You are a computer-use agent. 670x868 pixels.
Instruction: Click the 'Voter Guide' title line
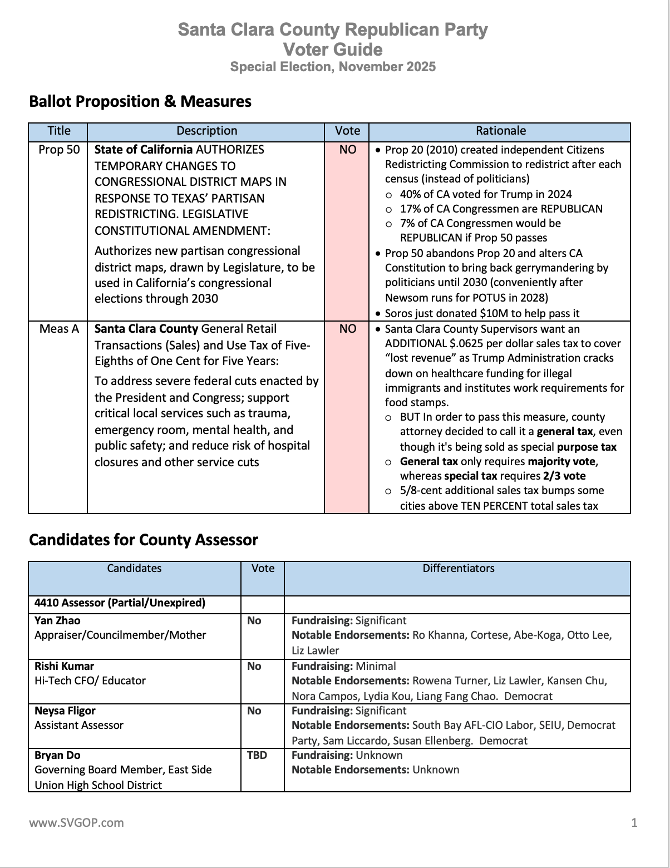coord(333,50)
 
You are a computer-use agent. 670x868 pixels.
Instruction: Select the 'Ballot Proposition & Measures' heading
coord(140,101)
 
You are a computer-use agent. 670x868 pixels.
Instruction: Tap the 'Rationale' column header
coord(500,131)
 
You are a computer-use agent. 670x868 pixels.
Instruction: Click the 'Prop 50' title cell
coord(59,150)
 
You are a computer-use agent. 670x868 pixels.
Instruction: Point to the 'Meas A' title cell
coord(59,329)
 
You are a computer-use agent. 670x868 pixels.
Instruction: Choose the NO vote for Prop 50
coord(347,150)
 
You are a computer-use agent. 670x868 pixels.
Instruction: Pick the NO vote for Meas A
coord(347,329)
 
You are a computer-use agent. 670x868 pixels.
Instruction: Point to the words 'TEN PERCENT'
coord(491,506)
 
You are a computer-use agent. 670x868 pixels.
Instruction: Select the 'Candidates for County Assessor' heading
coord(143,540)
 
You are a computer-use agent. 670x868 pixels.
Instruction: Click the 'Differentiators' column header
coord(458,568)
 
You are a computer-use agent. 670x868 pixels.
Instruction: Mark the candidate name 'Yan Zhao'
coord(57,620)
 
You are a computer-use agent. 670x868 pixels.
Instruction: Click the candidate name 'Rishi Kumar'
coord(64,666)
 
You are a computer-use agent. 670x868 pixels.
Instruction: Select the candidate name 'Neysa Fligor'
coord(65,711)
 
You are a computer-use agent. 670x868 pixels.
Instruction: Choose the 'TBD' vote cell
coord(257,755)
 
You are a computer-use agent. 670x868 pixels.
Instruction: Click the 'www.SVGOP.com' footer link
coord(76,822)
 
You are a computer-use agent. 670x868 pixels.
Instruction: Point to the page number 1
coord(634,822)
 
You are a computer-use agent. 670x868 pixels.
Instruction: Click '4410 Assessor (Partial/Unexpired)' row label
coord(120,603)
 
